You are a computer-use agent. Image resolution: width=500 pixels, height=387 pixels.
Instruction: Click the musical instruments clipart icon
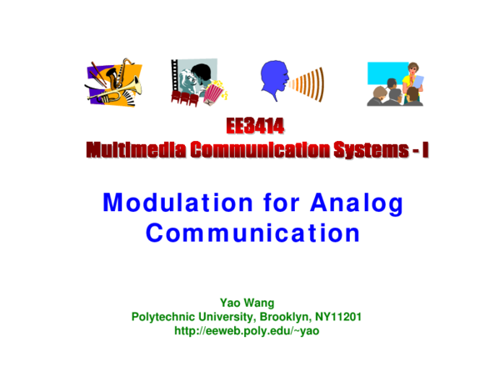114,82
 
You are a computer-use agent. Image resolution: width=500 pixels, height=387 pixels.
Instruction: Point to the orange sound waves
309,84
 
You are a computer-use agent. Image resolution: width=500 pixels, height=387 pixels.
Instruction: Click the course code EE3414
254,127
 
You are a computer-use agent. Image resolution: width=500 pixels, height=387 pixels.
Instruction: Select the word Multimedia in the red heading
135,150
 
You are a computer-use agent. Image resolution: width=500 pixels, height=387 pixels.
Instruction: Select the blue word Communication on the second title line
252,233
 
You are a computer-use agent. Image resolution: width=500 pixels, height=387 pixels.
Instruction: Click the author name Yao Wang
247,303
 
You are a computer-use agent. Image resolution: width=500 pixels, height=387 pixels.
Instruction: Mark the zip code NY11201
337,317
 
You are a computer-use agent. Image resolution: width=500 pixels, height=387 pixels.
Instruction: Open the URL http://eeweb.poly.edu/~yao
247,331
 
